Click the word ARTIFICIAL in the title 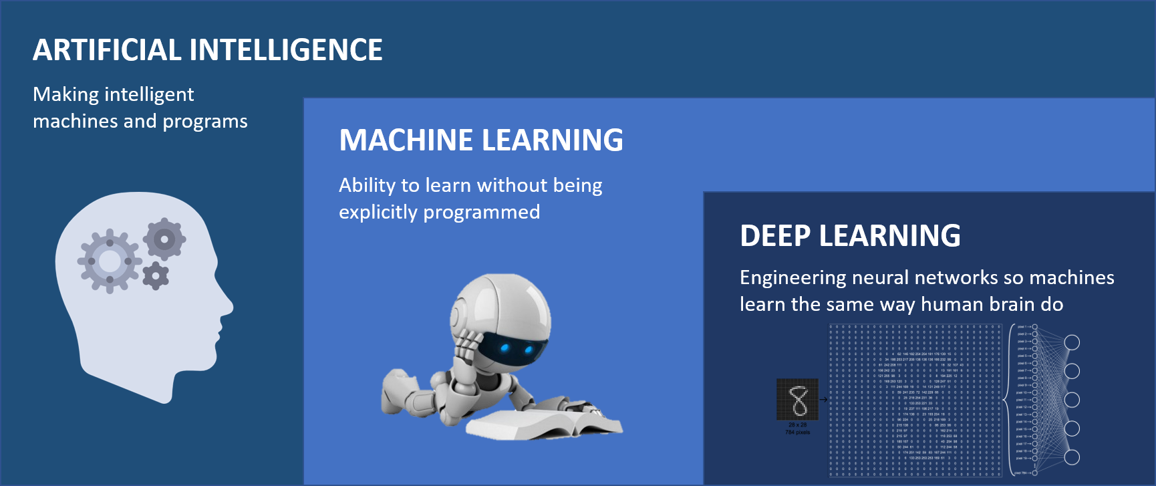pos(107,50)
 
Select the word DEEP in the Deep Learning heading pos(775,236)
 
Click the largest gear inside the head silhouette pos(110,261)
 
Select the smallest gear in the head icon pos(156,275)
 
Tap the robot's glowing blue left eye pos(506,347)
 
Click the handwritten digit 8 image pos(797,400)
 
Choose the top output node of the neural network pos(1072,342)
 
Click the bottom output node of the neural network pos(1072,457)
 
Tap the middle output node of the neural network pos(1072,400)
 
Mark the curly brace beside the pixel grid pos(1007,400)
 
